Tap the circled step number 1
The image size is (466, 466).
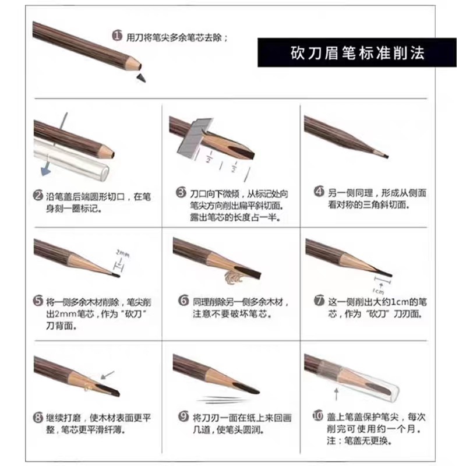click(116, 36)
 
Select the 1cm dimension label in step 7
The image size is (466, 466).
click(377, 290)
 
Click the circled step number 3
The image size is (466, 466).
click(181, 192)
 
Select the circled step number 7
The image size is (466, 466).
click(319, 301)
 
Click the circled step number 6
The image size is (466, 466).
click(183, 301)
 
